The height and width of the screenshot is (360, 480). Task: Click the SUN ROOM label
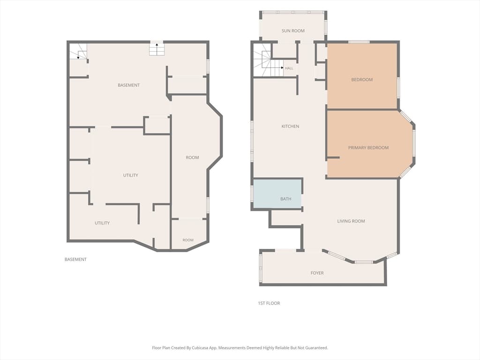pyautogui.click(x=293, y=30)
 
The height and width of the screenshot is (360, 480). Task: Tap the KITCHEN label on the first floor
pyautogui.click(x=290, y=126)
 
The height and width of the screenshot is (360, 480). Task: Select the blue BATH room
pyautogui.click(x=277, y=194)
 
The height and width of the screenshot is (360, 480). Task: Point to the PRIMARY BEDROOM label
pyautogui.click(x=368, y=148)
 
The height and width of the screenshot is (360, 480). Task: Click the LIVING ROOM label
pyautogui.click(x=351, y=221)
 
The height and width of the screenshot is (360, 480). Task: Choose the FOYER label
pyautogui.click(x=317, y=273)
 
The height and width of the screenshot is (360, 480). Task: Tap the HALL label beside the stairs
pyautogui.click(x=289, y=68)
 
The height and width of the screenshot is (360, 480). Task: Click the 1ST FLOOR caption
pyautogui.click(x=269, y=303)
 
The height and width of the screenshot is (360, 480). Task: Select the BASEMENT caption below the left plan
pyautogui.click(x=75, y=259)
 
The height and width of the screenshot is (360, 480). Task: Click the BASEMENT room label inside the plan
pyautogui.click(x=128, y=85)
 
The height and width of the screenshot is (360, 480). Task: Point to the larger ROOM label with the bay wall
pyautogui.click(x=192, y=157)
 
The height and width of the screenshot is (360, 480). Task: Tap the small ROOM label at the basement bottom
pyautogui.click(x=188, y=240)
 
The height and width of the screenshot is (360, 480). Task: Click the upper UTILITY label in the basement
pyautogui.click(x=130, y=175)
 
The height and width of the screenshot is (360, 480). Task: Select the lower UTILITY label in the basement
pyautogui.click(x=102, y=223)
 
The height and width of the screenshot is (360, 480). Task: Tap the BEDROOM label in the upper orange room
pyautogui.click(x=362, y=80)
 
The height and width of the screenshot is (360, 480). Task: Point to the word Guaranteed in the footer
pyautogui.click(x=317, y=348)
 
